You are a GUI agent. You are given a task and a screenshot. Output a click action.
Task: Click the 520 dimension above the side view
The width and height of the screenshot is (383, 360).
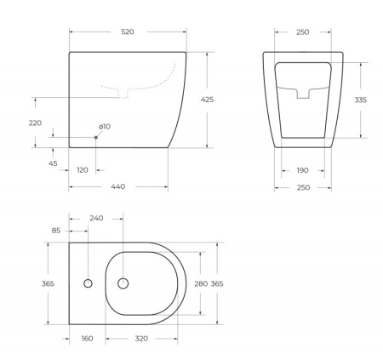click(128, 31)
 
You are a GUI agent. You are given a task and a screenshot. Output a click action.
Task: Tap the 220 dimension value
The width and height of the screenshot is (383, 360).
click(36, 123)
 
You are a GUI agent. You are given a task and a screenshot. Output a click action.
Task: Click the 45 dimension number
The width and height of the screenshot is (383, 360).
click(54, 163)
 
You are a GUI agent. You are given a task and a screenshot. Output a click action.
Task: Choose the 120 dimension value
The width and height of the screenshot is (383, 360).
click(83, 170)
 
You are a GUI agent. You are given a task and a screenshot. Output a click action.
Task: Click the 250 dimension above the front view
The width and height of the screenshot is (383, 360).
click(302, 31)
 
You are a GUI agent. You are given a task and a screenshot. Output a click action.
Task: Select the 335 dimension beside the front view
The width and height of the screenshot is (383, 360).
click(362, 100)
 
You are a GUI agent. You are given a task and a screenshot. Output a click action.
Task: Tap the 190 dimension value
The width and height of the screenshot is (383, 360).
click(302, 170)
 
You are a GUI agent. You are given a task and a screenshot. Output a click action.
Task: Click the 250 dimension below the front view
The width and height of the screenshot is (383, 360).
click(302, 187)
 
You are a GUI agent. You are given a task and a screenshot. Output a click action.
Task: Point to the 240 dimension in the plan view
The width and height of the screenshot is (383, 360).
click(96, 218)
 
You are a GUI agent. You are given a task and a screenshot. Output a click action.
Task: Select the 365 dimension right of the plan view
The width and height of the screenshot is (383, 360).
click(216, 283)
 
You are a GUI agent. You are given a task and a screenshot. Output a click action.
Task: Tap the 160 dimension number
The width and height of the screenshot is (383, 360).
click(88, 338)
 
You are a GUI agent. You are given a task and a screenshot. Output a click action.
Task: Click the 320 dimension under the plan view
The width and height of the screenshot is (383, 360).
click(141, 338)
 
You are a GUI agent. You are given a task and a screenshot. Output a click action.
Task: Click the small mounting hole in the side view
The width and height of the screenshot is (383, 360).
click(96, 137)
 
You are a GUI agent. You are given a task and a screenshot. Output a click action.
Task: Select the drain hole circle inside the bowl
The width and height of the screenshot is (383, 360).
click(124, 283)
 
